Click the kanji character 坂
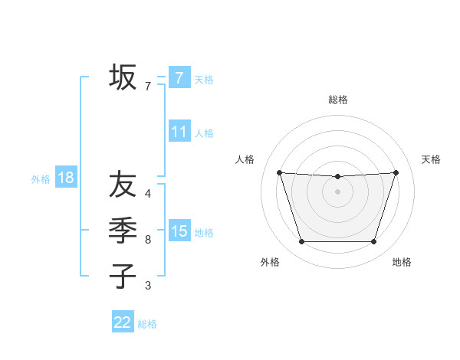(x=123, y=77)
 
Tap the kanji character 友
(x=123, y=185)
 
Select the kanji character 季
(x=123, y=230)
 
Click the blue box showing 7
(x=179, y=78)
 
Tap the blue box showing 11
(x=179, y=132)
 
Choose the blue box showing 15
(x=179, y=231)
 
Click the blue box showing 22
(x=123, y=322)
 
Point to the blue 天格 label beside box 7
(x=204, y=80)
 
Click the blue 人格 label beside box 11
(x=204, y=133)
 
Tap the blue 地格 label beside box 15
(x=204, y=233)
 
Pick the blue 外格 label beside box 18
(x=41, y=180)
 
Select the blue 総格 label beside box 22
(x=147, y=324)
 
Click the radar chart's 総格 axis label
(x=338, y=100)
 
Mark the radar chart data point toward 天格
(x=396, y=172)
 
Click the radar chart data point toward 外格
(x=301, y=242)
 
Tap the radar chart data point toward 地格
(x=373, y=242)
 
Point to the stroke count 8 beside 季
(x=148, y=240)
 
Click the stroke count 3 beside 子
(x=148, y=286)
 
